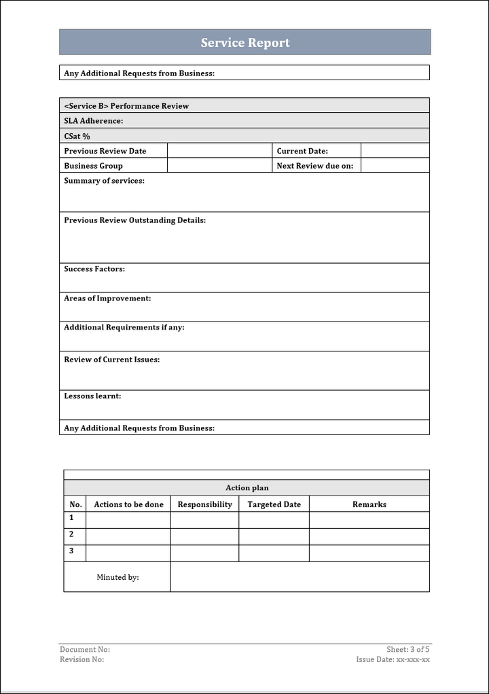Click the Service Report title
[245, 43]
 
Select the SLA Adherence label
[94, 121]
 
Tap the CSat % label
[77, 136]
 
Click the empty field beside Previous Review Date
[219, 151]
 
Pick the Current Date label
[302, 151]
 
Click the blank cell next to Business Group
[219, 166]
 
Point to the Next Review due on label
[315, 166]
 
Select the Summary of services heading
[104, 181]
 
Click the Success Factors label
[94, 269]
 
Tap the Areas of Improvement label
[107, 298]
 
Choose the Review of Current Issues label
[112, 360]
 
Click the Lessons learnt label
[92, 396]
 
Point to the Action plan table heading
[247, 488]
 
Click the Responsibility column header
[204, 504]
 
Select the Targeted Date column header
[274, 504]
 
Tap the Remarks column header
[369, 504]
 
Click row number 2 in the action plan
[72, 534]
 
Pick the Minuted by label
[117, 577]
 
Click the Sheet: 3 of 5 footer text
[408, 650]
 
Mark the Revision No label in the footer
[82, 659]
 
